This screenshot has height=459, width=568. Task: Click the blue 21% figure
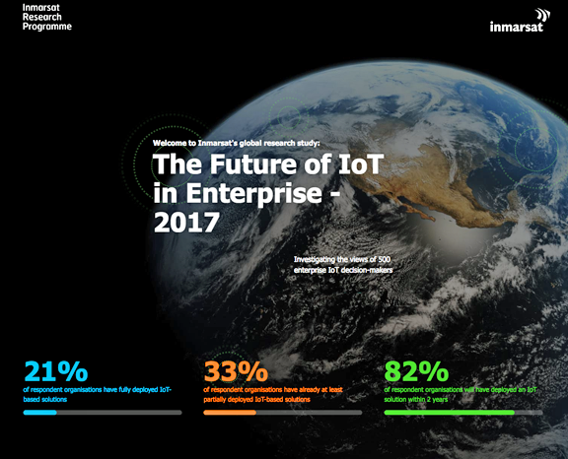(x=56, y=371)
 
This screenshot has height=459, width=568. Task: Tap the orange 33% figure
(x=236, y=371)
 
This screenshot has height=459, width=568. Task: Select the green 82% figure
(x=416, y=371)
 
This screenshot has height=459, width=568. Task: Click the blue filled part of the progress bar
(x=39, y=413)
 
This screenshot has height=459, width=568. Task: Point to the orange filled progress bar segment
(x=230, y=413)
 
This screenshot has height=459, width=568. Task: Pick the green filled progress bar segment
(x=450, y=413)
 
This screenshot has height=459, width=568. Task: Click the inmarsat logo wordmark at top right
(x=516, y=27)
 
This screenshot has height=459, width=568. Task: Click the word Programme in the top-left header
(x=47, y=27)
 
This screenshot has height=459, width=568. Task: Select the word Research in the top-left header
(x=42, y=17)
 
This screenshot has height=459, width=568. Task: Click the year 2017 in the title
(x=186, y=222)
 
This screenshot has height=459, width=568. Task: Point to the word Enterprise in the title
(x=254, y=193)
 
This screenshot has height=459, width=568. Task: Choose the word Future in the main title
(x=252, y=164)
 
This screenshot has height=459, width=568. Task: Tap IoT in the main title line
(x=361, y=164)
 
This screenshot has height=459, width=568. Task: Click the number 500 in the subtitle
(x=384, y=259)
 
